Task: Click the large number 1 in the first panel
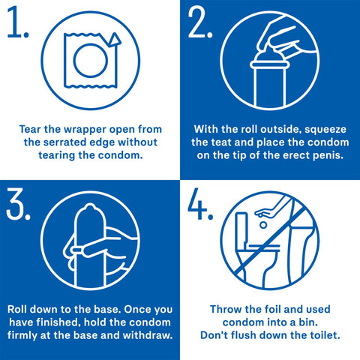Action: coord(16,24)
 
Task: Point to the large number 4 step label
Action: coord(201,204)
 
